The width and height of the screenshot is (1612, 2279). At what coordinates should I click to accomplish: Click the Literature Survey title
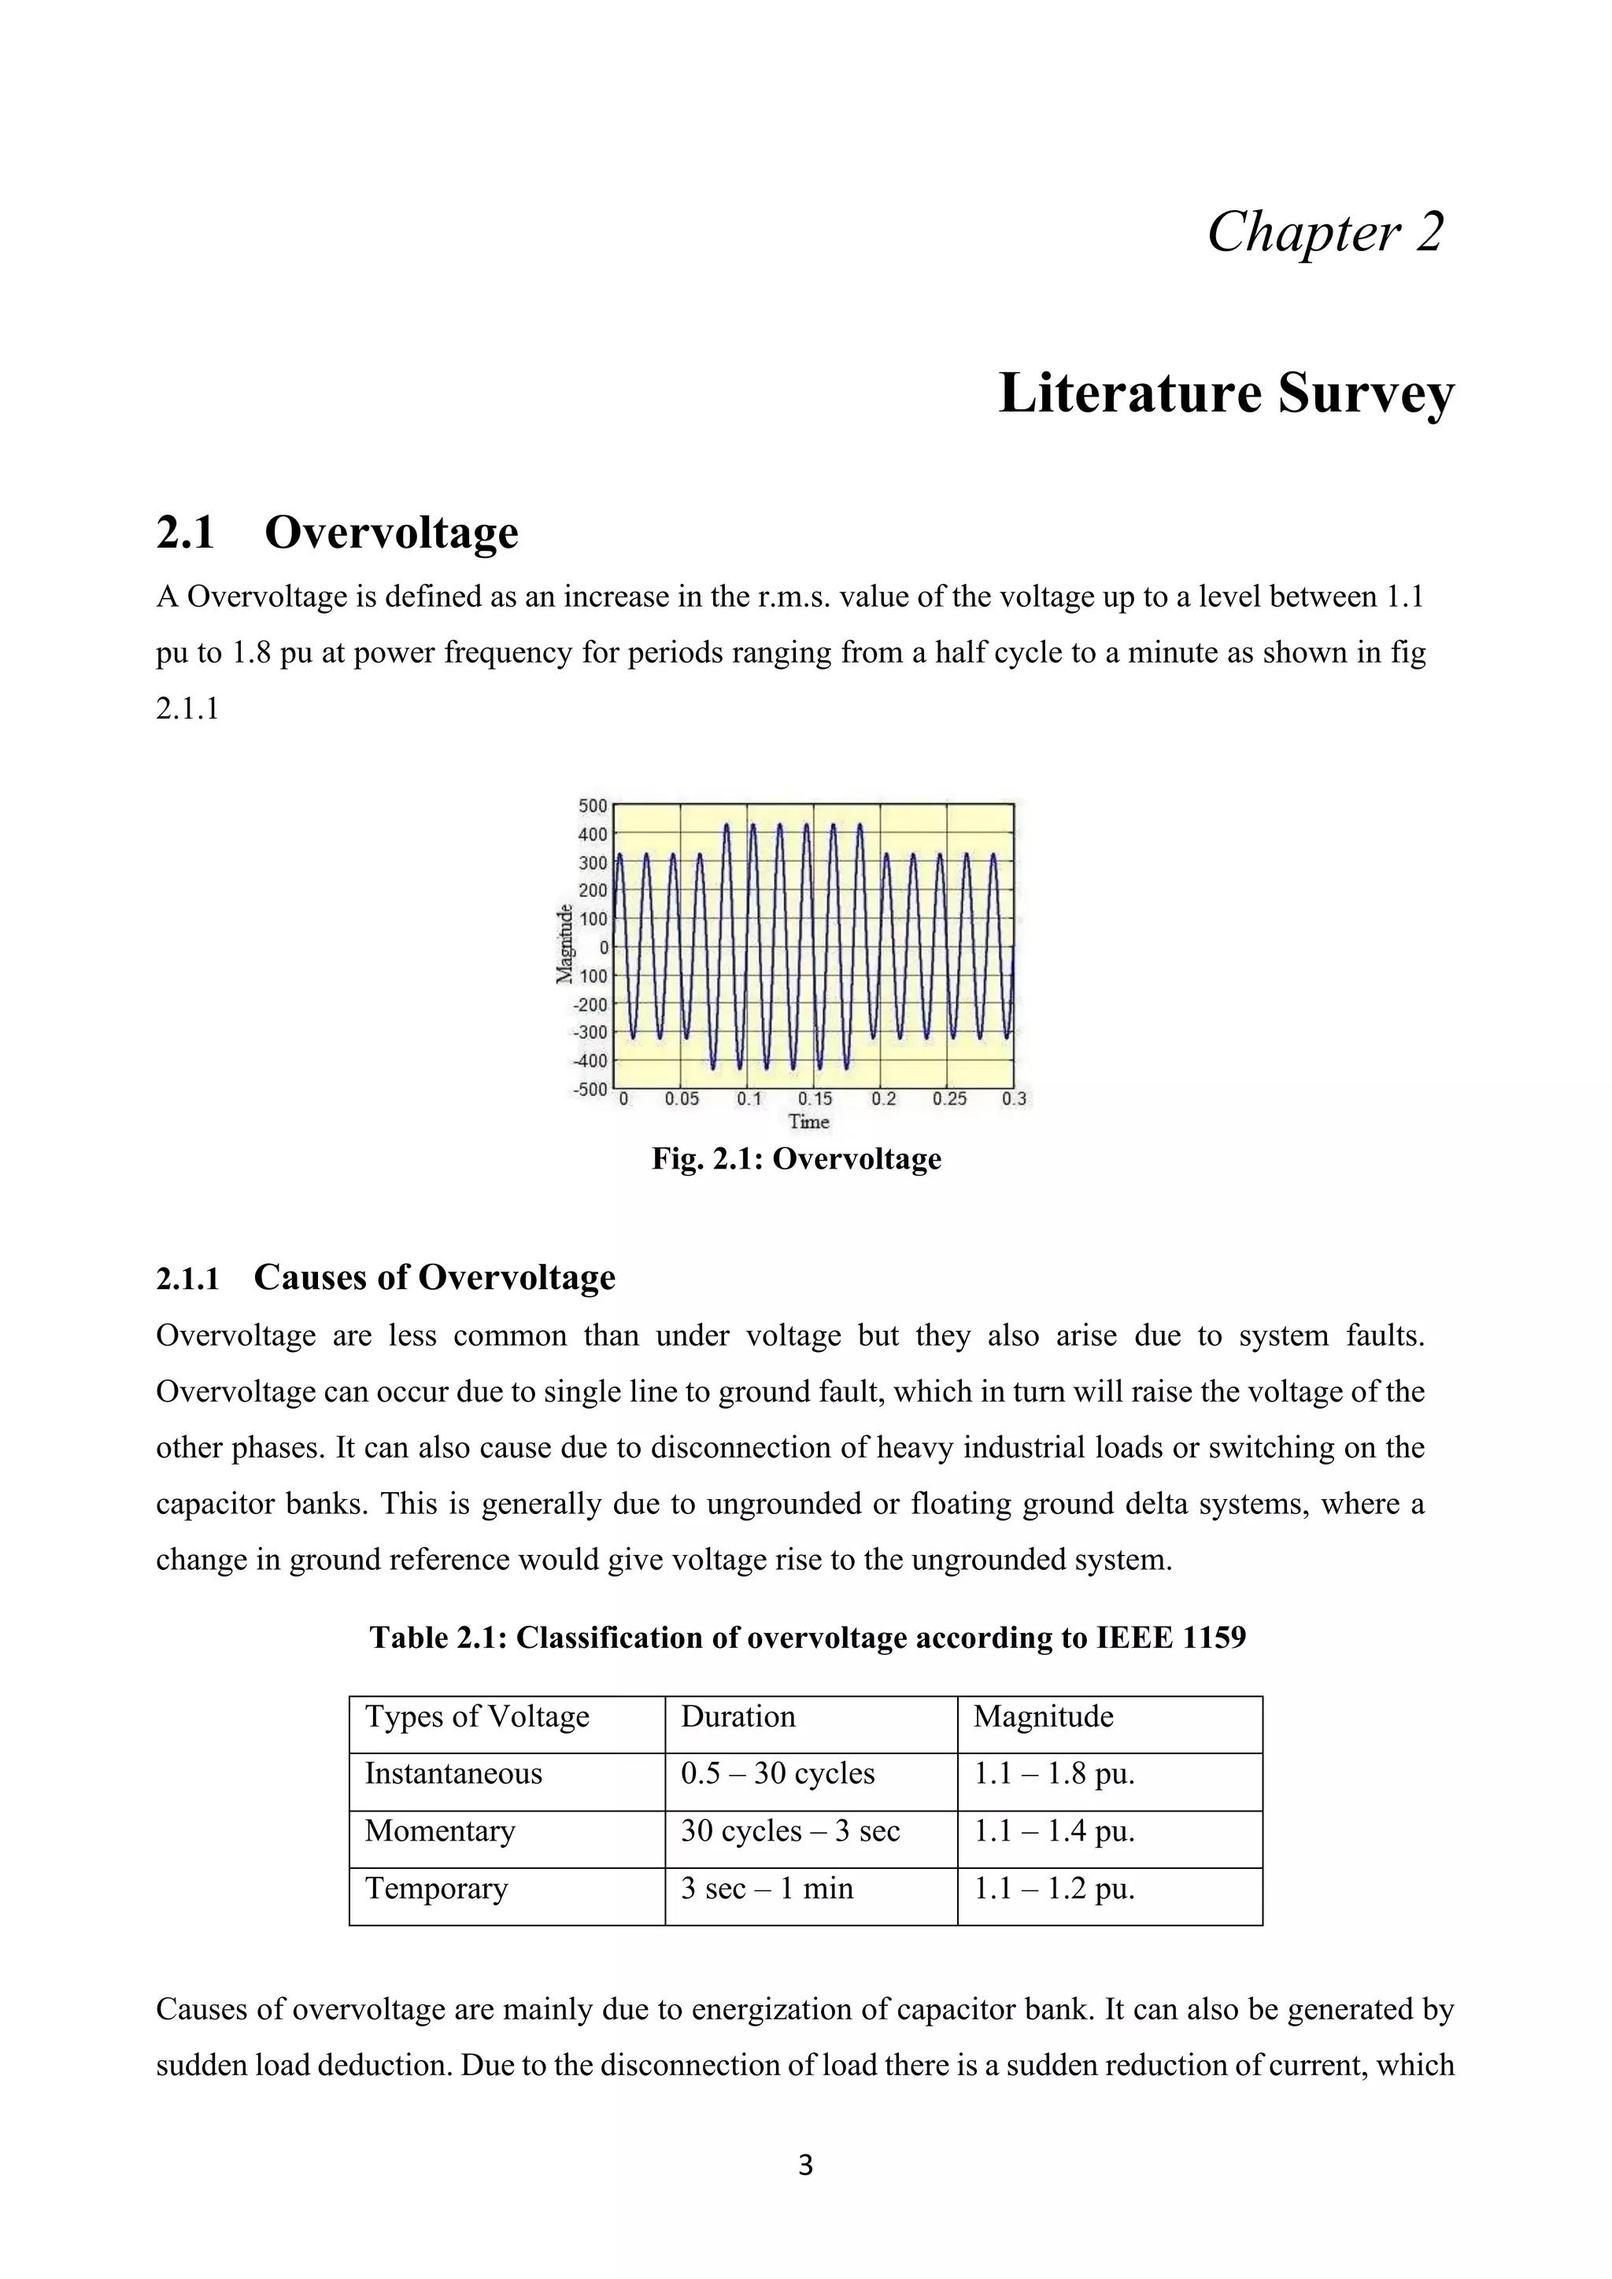1226,393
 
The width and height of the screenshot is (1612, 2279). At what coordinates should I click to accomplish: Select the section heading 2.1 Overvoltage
337,532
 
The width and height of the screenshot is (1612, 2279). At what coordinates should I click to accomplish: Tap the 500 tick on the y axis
593,805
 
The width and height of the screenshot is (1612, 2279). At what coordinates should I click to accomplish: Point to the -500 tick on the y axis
590,1089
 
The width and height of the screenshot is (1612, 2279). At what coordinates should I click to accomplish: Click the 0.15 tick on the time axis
815,1099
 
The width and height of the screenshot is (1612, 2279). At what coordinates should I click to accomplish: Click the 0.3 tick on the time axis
1014,1099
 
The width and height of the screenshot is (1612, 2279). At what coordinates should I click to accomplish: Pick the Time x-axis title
808,1121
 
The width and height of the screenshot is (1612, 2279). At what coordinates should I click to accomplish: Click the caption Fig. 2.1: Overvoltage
796,1158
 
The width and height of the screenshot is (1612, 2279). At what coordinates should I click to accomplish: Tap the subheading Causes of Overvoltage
434,1277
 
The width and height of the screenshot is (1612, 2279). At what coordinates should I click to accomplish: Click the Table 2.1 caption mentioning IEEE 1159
807,1637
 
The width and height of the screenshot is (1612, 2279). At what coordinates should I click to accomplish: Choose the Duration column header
738,1716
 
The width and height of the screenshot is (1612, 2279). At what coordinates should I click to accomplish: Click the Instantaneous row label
453,1774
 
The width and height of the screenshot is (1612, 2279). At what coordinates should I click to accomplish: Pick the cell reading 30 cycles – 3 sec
790,1830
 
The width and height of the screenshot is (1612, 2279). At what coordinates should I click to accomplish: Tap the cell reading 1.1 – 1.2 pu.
1053,1888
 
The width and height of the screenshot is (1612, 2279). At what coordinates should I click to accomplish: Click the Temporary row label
436,1888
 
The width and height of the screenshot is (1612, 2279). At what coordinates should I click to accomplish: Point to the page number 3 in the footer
805,2165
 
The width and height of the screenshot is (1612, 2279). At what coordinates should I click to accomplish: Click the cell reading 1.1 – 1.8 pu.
1053,1774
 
